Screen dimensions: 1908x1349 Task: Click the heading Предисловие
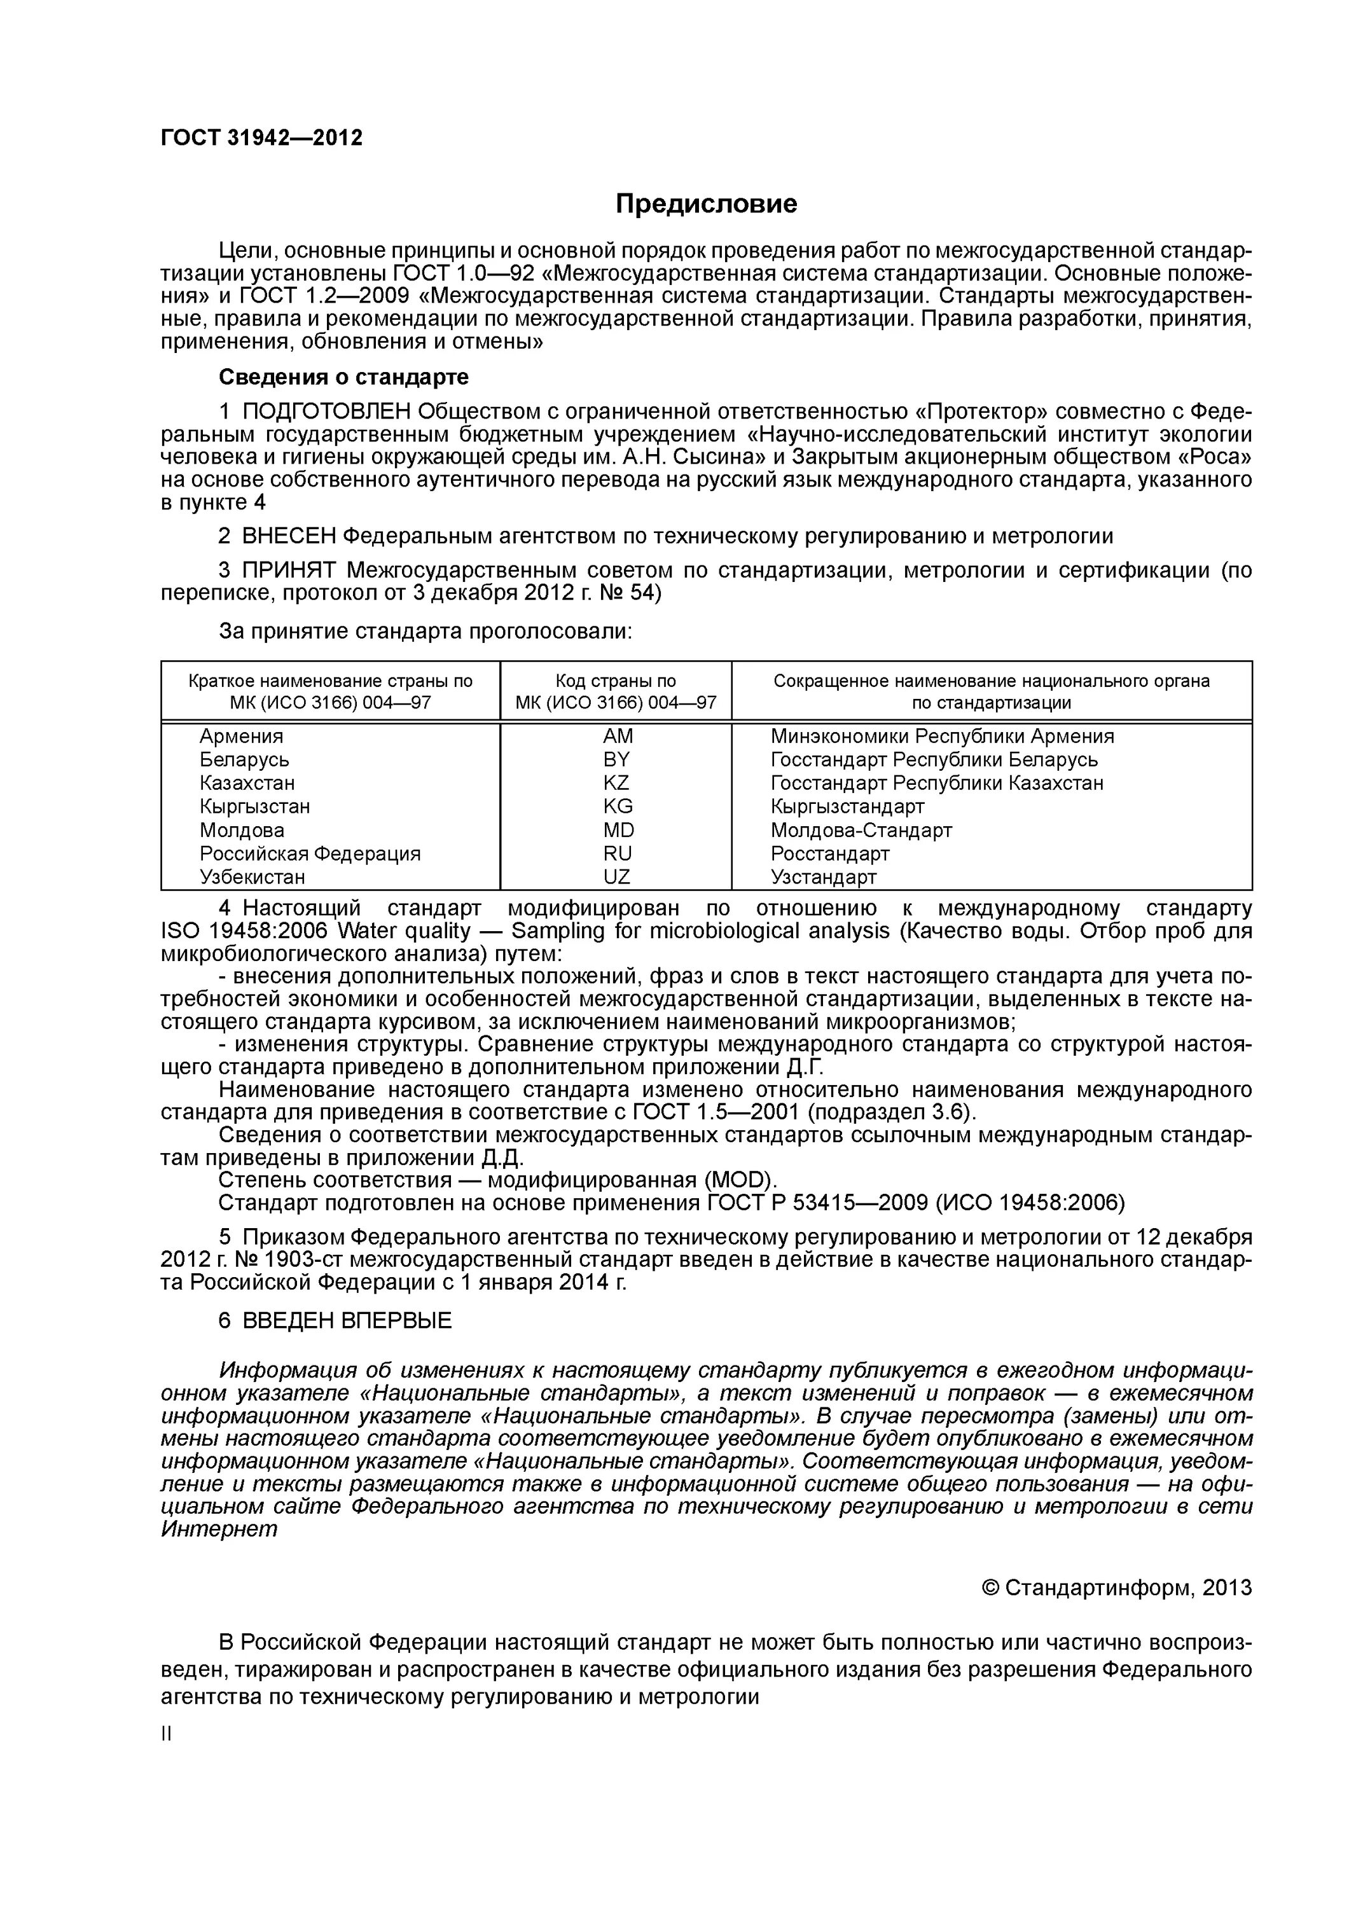(706, 204)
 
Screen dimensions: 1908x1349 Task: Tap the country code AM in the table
(617, 736)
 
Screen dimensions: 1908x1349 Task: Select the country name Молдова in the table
(242, 830)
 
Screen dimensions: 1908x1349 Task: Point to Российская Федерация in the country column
(310, 854)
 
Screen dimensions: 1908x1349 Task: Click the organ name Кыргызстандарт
(847, 806)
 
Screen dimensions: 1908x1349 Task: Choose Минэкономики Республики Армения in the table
(942, 736)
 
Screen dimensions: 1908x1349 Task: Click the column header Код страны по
(616, 681)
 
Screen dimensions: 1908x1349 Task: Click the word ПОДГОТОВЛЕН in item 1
(327, 411)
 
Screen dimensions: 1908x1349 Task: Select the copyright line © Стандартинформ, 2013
(1116, 1588)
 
